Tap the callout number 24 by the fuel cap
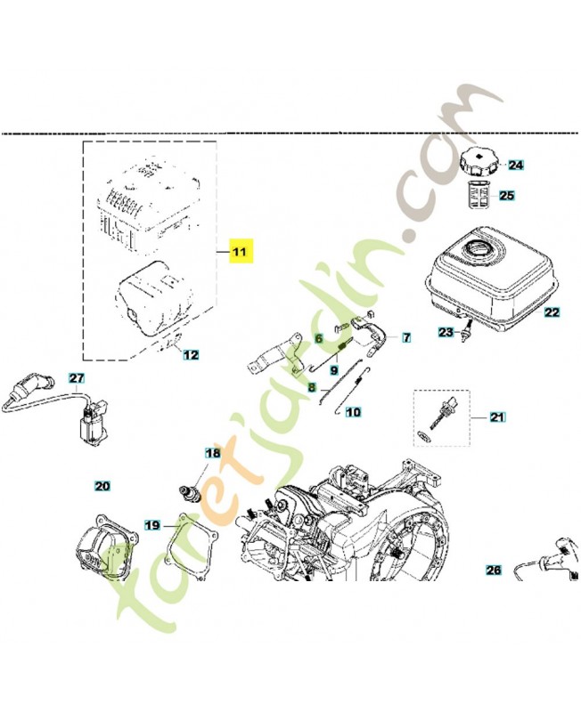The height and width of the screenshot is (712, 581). (514, 165)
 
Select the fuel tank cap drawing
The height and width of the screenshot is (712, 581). (481, 163)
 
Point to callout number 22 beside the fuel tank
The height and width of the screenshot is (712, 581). (552, 312)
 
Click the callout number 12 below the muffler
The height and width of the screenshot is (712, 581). (192, 355)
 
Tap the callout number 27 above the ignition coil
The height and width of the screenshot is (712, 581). (76, 377)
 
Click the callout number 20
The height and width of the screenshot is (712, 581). (102, 486)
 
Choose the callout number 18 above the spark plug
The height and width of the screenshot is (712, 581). (212, 453)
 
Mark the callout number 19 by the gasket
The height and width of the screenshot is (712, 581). (153, 525)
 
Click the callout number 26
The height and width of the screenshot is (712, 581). (495, 570)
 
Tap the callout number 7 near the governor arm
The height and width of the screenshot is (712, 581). (406, 338)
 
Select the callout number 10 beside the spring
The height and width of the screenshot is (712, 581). (353, 412)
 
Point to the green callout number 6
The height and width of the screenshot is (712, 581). (316, 338)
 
